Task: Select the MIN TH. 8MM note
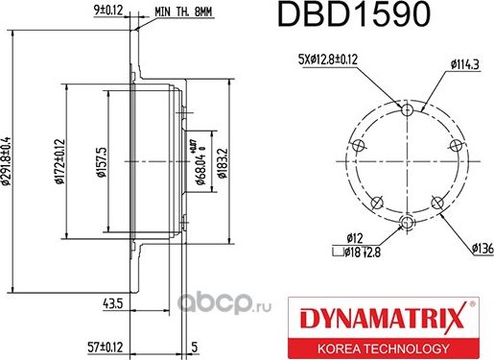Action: [x=184, y=12]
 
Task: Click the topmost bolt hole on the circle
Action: [x=407, y=110]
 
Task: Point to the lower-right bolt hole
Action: [x=436, y=202]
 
